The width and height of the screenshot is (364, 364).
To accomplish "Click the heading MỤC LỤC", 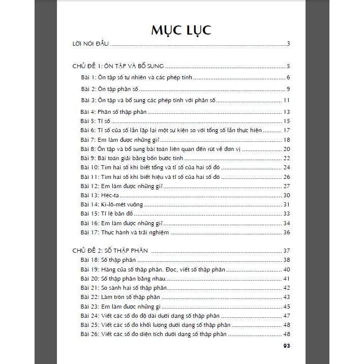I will point(181,29).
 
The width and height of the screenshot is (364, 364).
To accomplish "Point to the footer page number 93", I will point(285,345).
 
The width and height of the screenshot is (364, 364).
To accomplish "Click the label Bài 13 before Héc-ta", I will point(89,195).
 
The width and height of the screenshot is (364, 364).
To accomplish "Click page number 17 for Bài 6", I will point(286,131).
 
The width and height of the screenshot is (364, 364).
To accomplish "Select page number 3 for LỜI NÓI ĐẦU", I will point(288,44).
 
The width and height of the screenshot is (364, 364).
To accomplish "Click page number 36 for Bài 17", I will point(286,232).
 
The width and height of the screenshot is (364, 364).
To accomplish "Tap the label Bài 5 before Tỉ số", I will point(88,121).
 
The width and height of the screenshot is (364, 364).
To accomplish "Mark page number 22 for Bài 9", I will point(286,158).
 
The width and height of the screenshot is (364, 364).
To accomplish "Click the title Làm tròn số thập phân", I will point(131,297).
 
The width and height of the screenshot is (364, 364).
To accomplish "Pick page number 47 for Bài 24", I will point(286,316).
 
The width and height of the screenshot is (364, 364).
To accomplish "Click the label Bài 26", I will point(89,334).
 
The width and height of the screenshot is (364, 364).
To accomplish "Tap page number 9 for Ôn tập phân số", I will point(288,89).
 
